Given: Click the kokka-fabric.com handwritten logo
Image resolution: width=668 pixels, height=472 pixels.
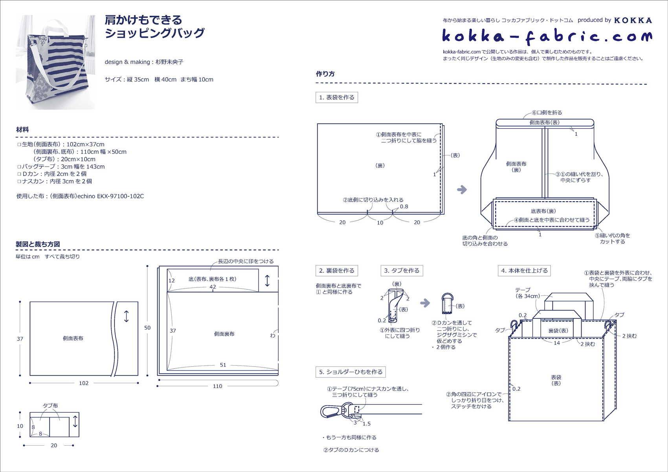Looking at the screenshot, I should click(x=546, y=36).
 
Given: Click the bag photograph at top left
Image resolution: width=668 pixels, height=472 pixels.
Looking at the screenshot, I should click(x=55, y=62).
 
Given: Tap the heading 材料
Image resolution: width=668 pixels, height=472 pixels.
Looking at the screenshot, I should click(x=22, y=130).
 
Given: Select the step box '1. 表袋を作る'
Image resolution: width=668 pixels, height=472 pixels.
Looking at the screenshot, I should click(x=336, y=97).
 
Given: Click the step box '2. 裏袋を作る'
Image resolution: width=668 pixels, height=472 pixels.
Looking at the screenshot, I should click(x=336, y=271).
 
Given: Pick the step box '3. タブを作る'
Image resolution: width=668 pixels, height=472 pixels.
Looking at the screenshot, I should click(x=402, y=271).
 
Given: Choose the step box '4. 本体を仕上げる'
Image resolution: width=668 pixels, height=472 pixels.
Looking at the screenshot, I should click(x=524, y=271).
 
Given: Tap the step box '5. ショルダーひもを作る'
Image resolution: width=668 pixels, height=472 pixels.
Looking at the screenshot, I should click(x=351, y=372).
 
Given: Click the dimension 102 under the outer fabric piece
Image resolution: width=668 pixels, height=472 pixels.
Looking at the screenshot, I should click(x=84, y=383).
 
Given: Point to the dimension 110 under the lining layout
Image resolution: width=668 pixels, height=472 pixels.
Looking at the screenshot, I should click(x=217, y=386).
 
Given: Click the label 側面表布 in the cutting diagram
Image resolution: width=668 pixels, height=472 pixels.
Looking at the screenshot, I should click(x=73, y=338).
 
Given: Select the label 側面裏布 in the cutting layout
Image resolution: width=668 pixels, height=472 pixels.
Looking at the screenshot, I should click(x=224, y=334).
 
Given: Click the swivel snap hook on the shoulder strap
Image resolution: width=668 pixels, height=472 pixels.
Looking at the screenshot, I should click(x=330, y=411).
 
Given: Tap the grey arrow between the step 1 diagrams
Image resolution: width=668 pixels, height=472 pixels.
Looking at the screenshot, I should click(x=462, y=190).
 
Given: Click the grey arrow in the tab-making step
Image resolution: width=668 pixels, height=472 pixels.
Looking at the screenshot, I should click(x=425, y=303).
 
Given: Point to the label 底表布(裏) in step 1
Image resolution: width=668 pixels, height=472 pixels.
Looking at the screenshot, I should click(x=543, y=211).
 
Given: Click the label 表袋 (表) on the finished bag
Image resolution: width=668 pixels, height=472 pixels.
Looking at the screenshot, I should click(x=556, y=380).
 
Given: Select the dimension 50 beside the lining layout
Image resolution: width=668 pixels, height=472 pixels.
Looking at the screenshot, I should click(x=147, y=328).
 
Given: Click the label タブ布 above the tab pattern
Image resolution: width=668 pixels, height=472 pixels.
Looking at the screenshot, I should click(x=50, y=406).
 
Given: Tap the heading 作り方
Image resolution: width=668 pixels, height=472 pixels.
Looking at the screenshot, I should click(x=325, y=74).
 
